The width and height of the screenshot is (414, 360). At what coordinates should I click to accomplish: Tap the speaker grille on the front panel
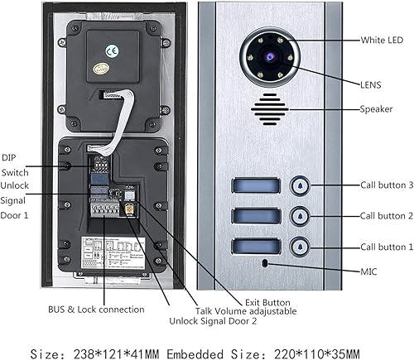(270, 108)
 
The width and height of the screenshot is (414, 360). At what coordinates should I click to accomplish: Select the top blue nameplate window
(254, 186)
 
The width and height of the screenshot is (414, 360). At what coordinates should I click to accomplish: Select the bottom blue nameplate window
(254, 246)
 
